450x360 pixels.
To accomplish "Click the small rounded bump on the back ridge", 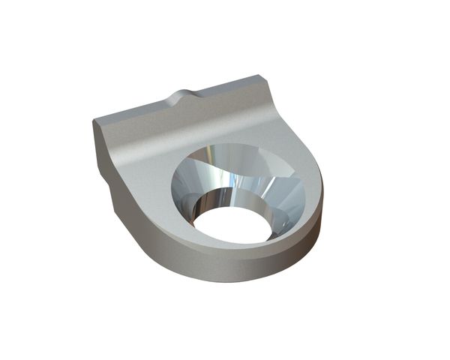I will coord(184,97).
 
